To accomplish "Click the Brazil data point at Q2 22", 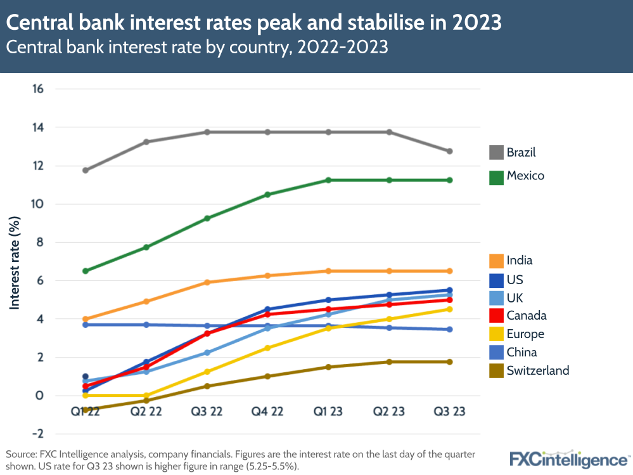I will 146,142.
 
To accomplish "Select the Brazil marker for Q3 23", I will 450,152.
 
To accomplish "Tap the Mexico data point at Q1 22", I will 85,271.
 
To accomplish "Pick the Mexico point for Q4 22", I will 267,195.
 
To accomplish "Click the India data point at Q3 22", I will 207,282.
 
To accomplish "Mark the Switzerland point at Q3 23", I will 450,362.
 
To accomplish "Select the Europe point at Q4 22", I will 267,348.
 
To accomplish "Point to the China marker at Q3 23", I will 450,329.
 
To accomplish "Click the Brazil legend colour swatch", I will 496,152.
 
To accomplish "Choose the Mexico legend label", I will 525,176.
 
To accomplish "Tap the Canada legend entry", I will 526,316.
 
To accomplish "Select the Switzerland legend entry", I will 537,371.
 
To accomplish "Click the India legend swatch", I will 496,261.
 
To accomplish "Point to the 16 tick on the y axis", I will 37,89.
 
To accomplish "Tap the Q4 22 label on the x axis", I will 267,412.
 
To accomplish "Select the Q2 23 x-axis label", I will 389,412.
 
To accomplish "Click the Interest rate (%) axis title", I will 15,261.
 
